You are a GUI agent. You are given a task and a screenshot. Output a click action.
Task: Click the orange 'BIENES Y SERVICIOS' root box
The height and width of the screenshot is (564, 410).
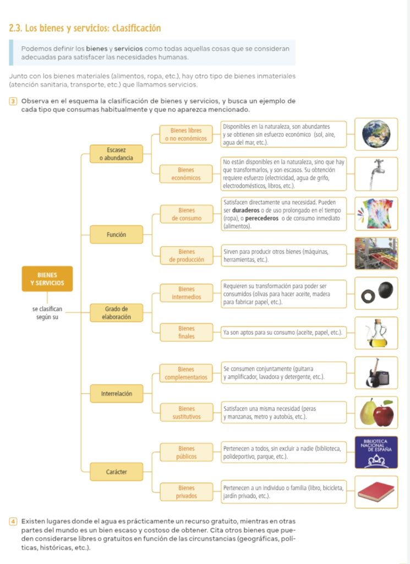tap(47, 279)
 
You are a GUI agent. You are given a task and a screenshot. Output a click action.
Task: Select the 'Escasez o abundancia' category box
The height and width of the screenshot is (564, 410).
tap(116, 154)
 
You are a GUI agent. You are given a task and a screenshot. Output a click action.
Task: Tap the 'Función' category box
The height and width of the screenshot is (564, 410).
tap(116, 235)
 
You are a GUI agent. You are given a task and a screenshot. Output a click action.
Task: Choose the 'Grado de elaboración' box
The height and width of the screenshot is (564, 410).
tap(116, 313)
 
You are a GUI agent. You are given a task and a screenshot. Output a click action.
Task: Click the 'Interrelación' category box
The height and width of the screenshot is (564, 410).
tap(116, 393)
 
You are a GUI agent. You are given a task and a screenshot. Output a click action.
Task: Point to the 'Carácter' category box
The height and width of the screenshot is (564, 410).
tap(116, 472)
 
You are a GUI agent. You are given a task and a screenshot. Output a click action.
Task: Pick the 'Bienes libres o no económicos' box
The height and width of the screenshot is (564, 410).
tap(186, 134)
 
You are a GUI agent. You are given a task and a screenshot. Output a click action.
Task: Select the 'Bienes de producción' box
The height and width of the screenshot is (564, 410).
tap(186, 256)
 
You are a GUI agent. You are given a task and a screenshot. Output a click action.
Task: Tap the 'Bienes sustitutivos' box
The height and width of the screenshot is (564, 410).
tap(186, 413)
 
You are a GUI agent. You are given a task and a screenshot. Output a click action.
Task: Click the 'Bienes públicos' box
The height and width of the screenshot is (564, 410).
tap(186, 453)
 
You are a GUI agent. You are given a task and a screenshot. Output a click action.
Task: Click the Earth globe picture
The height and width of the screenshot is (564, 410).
tap(376, 134)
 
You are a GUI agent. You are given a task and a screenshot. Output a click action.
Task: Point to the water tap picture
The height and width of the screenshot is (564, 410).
tap(376, 174)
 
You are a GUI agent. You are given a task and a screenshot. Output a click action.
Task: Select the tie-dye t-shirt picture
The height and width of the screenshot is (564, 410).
tap(376, 214)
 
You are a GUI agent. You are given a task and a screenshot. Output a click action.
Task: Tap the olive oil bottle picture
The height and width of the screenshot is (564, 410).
tap(376, 333)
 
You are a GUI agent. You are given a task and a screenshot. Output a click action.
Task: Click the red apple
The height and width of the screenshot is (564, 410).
tap(384, 414)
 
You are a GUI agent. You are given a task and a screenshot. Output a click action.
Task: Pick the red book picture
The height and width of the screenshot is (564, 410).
tap(376, 492)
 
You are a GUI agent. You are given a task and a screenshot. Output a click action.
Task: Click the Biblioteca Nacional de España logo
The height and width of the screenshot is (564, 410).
tap(376, 453)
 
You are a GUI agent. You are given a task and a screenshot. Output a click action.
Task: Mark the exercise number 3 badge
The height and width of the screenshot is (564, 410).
tap(13, 101)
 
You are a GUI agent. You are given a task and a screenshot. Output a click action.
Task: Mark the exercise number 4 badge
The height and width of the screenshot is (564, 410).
tap(13, 522)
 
